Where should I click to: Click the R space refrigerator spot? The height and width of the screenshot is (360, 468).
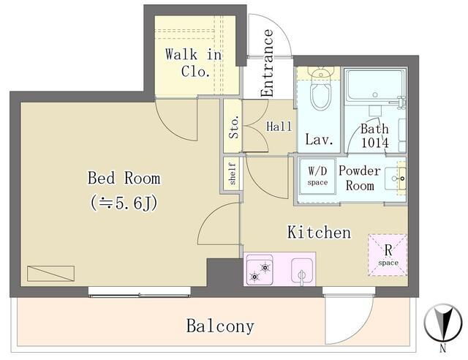388,255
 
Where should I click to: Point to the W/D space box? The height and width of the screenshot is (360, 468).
317,176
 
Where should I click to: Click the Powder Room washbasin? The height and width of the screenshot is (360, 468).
395,179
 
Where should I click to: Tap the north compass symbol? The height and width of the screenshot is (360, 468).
442,323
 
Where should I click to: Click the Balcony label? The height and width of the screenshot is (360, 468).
220,326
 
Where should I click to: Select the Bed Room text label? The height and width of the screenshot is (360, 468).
124,178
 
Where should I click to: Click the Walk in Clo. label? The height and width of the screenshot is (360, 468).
193,63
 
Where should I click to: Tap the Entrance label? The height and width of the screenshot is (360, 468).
267,63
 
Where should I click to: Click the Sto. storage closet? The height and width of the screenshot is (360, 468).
233,126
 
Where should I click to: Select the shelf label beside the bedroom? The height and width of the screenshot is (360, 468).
233,173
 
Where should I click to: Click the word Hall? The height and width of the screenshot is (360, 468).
279,127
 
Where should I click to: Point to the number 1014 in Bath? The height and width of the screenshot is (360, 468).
375,143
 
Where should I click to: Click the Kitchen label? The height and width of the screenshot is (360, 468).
319,233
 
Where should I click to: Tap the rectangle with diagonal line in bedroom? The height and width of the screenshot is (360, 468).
50,274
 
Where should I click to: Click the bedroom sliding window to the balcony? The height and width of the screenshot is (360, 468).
140,292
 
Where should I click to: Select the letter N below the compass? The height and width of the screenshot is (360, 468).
443,348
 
